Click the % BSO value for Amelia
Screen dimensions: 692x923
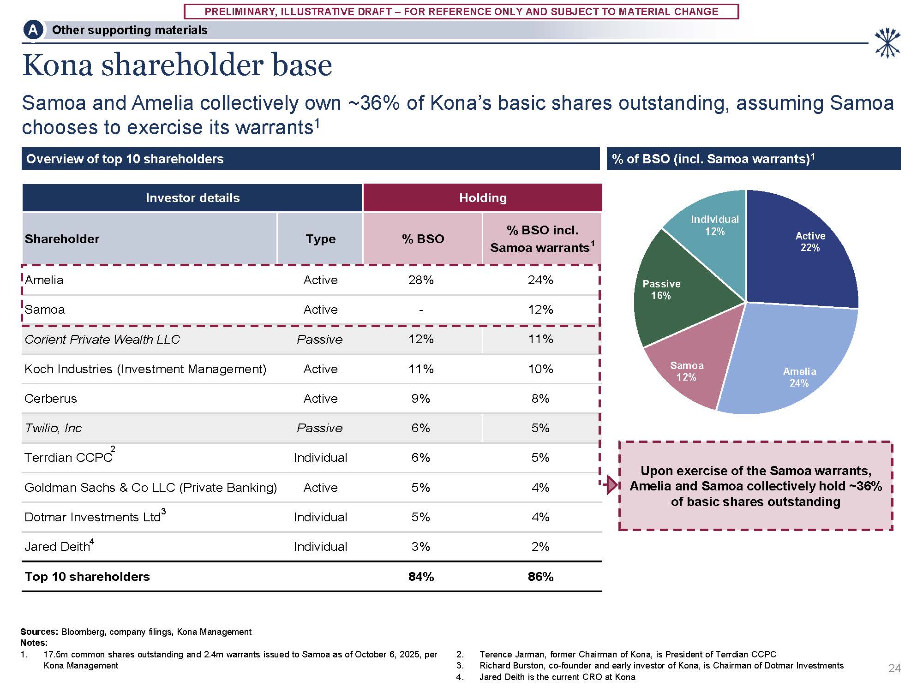pos(421,280)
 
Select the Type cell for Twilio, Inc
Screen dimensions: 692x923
pos(320,428)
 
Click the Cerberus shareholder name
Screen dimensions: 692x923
pos(51,399)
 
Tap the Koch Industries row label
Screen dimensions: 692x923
pos(145,369)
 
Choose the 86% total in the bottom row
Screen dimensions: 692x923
pos(540,577)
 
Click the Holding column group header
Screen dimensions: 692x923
pos(483,198)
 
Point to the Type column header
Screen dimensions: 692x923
pos(320,239)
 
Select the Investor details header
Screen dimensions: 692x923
pos(192,198)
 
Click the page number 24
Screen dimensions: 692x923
pos(894,668)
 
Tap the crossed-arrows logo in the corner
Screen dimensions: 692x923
pos(887,43)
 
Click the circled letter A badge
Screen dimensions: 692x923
pos(33,30)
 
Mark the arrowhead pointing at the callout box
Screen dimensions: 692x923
pos(612,485)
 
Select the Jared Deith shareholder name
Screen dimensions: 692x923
pos(57,547)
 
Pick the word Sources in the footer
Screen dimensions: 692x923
pos(39,632)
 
